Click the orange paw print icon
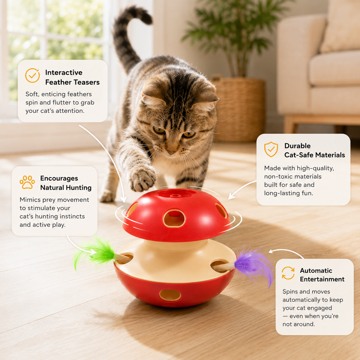(27, 182)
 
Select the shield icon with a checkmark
(271, 149)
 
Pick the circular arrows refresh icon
(288, 273)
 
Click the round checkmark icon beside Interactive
(32, 75)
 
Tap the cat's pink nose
(171, 152)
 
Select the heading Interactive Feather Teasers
(72, 77)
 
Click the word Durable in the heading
(297, 146)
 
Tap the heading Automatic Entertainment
(322, 275)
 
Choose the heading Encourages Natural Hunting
(66, 183)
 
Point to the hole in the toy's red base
(170, 295)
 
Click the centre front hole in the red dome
(174, 218)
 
